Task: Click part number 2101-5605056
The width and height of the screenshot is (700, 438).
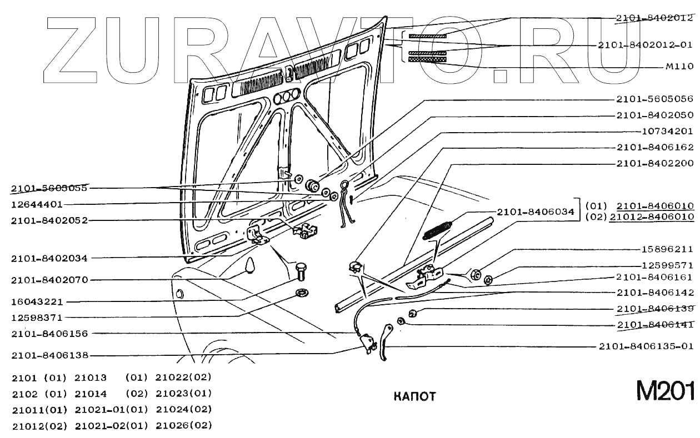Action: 654,99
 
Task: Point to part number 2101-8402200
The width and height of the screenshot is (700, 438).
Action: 654,164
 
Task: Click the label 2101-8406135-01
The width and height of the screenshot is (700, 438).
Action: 646,346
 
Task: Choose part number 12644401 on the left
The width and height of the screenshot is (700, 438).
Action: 37,204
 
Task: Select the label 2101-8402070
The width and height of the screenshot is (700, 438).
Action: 49,280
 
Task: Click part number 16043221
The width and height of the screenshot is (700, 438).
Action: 37,302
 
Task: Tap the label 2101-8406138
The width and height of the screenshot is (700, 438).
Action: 49,355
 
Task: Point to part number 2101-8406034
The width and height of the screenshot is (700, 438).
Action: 536,212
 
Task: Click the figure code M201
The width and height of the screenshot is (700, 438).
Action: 665,391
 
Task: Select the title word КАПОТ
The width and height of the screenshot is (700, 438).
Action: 414,396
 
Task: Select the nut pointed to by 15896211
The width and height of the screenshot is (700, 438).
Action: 476,275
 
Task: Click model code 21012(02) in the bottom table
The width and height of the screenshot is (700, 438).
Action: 39,426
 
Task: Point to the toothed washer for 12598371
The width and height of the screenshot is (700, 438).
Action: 303,293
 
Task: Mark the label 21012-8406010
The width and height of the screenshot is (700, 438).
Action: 651,217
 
